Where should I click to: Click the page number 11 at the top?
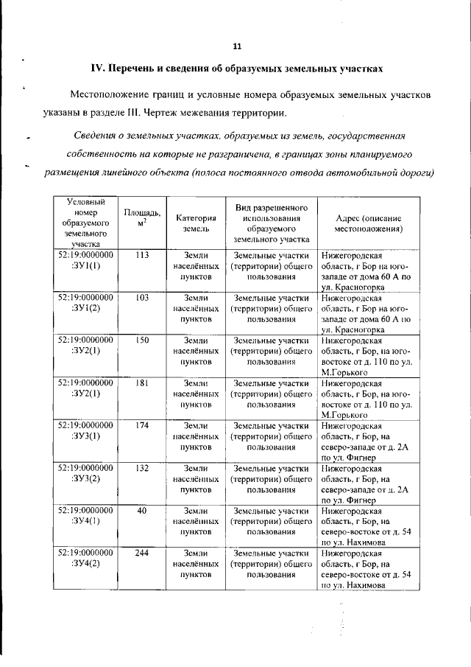point(236,46)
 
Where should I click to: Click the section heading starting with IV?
point(236,69)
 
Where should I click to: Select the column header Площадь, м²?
point(142,217)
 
